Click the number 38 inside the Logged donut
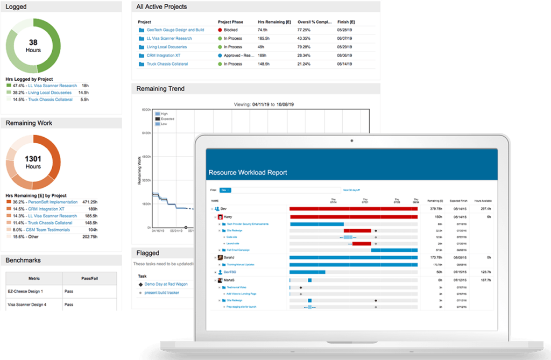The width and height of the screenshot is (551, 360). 33,43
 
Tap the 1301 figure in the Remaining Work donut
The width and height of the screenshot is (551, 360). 33,159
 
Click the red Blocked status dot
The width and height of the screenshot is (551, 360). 220,30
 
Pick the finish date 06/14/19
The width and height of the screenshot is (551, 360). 344,64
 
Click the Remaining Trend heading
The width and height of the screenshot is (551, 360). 160,89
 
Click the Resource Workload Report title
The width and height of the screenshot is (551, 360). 248,173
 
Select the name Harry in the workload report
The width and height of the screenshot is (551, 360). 228,216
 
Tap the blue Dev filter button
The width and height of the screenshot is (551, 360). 225,190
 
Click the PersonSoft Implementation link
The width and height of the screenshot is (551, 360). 53,202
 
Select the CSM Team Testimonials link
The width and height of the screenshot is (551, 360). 48,230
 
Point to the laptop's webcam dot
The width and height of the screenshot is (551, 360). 351,141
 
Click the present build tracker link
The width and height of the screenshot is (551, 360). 161,293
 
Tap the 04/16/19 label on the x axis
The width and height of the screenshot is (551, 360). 158,232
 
